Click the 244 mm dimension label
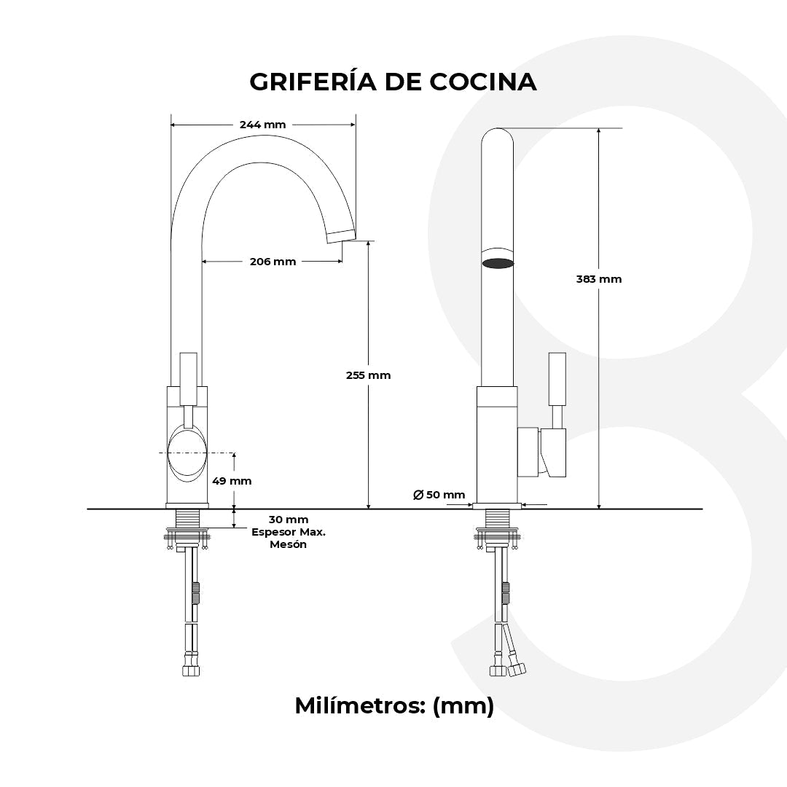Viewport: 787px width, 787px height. tap(262, 125)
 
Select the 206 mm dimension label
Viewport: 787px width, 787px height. tap(273, 262)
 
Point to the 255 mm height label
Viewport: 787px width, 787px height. tap(368, 375)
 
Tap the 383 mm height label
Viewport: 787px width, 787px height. tap(598, 279)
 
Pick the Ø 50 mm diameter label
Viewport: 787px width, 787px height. tap(439, 495)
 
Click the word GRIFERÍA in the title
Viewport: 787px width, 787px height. tap(312, 82)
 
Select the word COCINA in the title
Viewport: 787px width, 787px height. tap(483, 82)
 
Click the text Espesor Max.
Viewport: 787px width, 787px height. tap(289, 532)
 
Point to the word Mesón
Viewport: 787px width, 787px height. tap(289, 544)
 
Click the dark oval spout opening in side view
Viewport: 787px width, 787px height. tap(498, 263)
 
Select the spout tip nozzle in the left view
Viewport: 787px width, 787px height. tap(340, 235)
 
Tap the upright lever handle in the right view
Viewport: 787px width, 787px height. tap(557, 378)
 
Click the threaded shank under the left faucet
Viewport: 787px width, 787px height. tap(188, 520)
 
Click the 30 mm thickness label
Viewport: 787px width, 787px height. tap(289, 520)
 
